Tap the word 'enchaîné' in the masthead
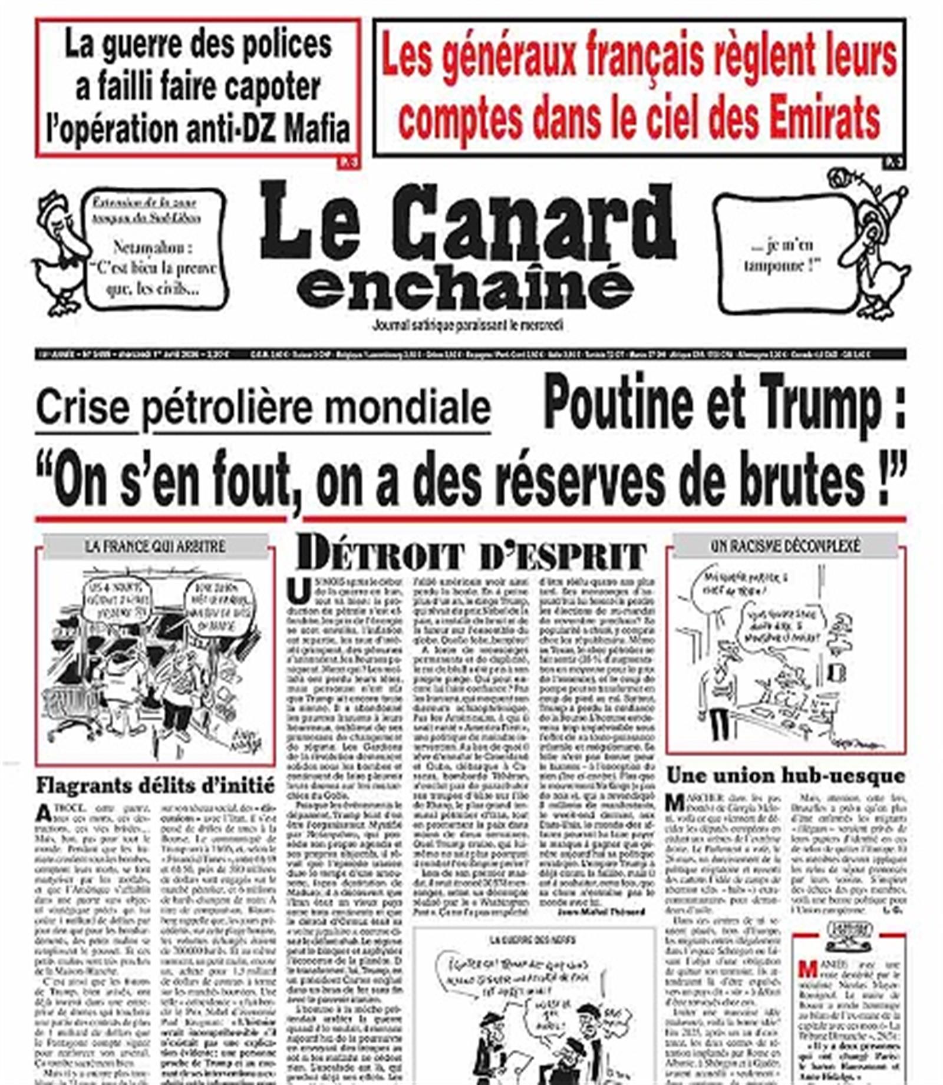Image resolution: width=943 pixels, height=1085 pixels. (466, 286)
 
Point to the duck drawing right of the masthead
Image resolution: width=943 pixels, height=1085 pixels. (878, 247)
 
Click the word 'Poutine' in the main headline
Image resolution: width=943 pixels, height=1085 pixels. (619, 403)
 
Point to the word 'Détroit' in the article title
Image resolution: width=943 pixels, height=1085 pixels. (380, 554)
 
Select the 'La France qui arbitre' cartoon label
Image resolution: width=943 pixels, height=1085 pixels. (155, 546)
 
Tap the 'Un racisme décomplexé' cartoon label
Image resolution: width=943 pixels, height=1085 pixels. (785, 546)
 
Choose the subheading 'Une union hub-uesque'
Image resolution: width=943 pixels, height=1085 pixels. (785, 776)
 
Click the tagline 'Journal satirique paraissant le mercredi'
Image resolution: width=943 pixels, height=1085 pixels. (467, 325)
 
